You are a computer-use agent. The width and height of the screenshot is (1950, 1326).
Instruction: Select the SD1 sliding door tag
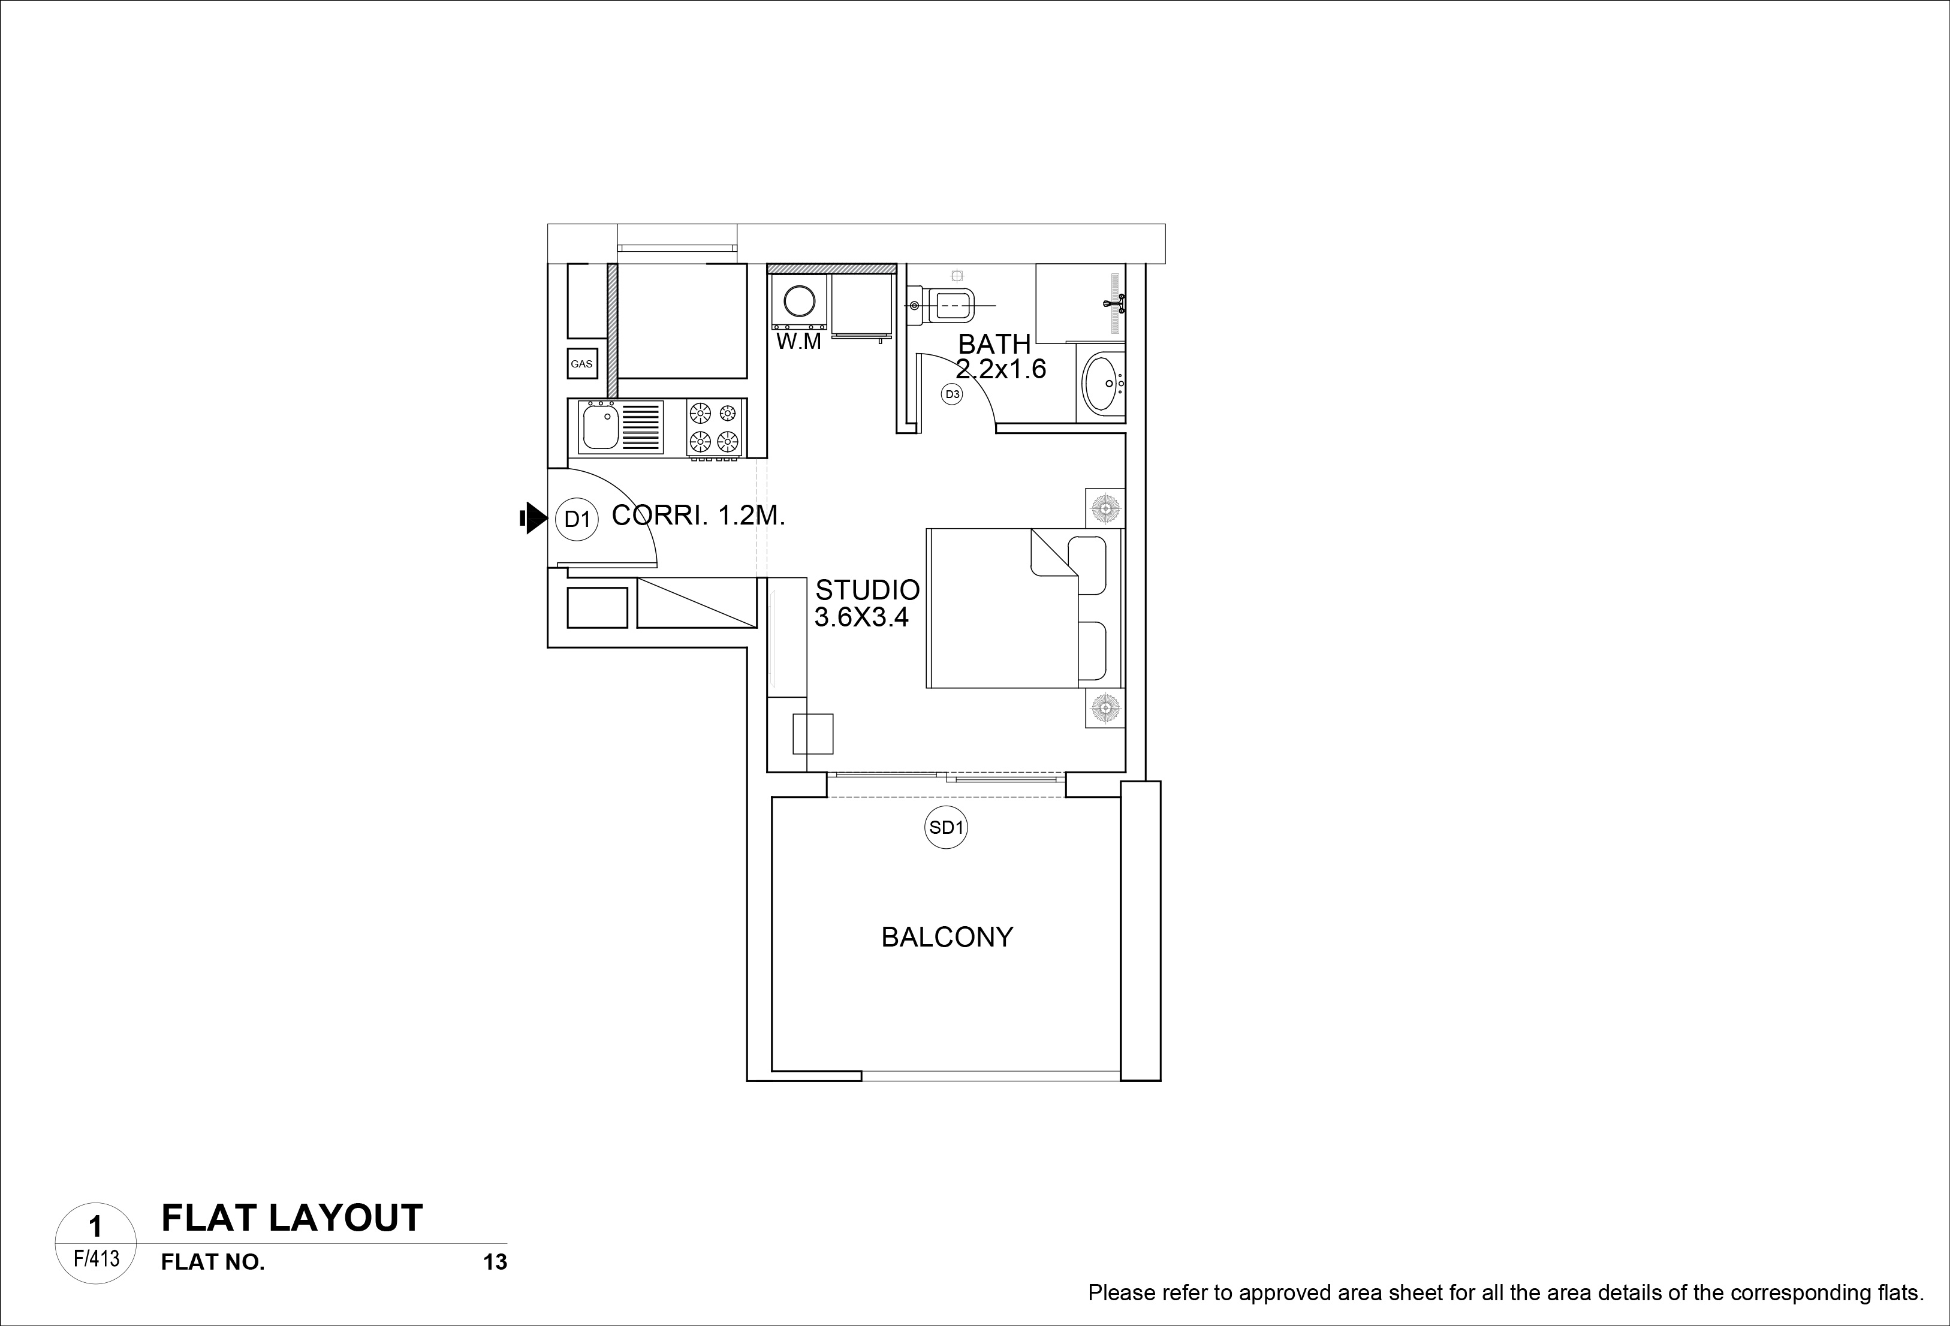(x=946, y=827)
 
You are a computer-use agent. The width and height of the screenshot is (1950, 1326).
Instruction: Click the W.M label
(x=799, y=342)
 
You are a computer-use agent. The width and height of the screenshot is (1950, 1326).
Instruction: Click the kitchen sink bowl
(x=601, y=428)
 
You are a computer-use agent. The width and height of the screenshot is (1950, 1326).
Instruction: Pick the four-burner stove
(x=714, y=428)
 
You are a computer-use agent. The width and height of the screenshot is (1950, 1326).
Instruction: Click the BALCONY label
(x=947, y=936)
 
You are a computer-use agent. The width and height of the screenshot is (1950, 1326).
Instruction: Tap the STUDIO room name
(x=867, y=590)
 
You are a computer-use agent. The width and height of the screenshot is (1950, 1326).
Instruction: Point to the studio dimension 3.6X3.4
(x=862, y=617)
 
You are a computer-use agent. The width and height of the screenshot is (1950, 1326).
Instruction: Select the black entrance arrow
(x=533, y=518)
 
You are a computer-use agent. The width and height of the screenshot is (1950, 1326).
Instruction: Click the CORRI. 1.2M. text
(x=698, y=516)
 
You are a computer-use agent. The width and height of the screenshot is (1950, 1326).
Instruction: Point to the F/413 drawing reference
(x=97, y=1259)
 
